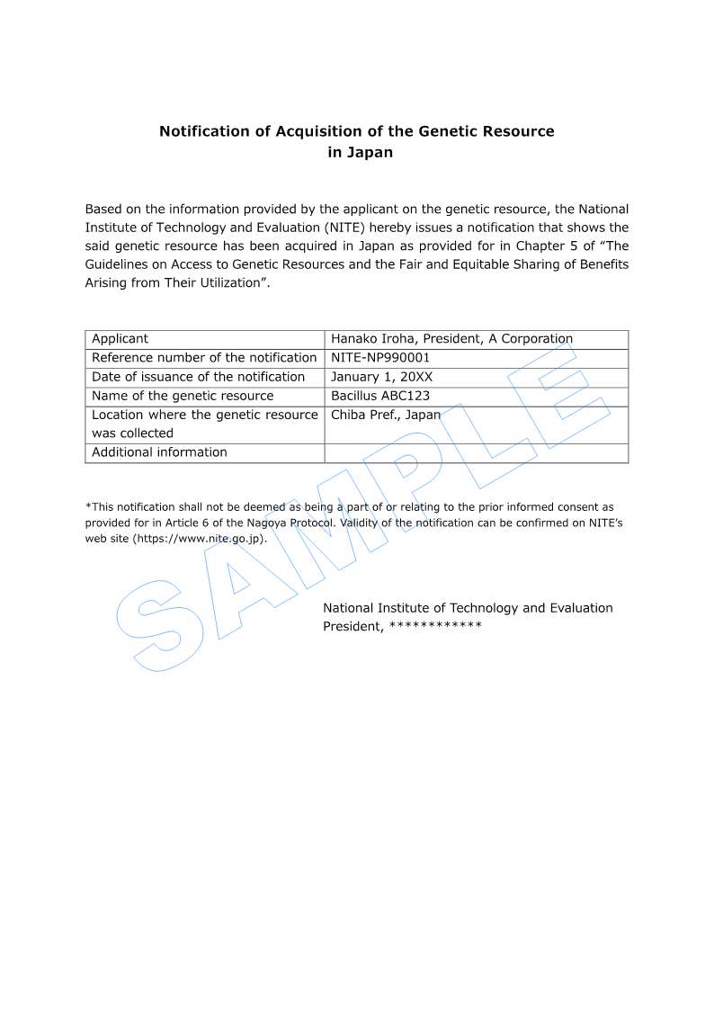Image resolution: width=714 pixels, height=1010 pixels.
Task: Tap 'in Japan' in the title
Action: click(360, 153)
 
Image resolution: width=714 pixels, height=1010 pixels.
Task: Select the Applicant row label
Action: click(120, 339)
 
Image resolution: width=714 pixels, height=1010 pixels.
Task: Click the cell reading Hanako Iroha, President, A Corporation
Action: click(451, 339)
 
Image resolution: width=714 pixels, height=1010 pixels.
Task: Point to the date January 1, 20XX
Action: click(381, 377)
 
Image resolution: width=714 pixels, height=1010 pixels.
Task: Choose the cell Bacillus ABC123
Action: click(380, 396)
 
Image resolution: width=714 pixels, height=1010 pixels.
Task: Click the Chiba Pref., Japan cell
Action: click(386, 415)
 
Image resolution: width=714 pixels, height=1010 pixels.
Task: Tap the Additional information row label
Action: click(159, 452)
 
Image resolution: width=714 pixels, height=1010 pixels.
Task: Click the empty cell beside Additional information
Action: click(476, 452)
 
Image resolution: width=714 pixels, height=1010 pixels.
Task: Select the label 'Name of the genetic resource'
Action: click(183, 396)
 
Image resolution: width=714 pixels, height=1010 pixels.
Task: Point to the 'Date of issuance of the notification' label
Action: click(198, 377)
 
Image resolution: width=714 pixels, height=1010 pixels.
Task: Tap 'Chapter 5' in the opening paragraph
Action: click(559, 246)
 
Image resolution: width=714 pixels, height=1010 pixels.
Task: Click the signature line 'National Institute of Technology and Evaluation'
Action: click(468, 608)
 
